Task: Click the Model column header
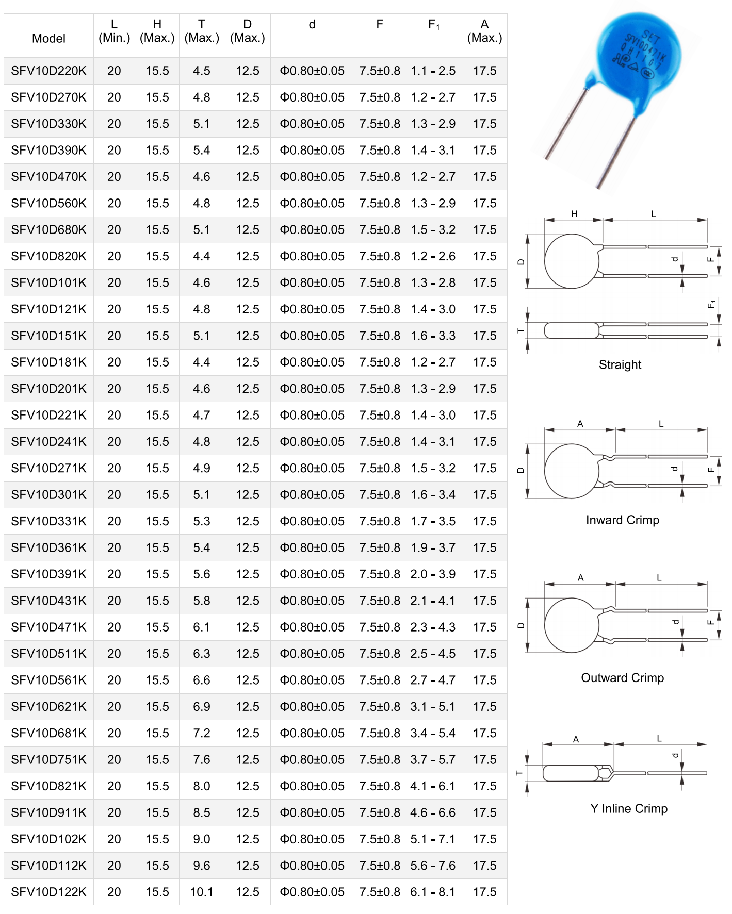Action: click(x=48, y=38)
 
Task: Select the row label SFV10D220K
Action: click(x=48, y=71)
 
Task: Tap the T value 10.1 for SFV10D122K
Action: click(x=201, y=892)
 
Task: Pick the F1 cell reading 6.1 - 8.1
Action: click(x=433, y=892)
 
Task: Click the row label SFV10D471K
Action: click(x=48, y=627)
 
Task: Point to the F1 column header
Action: click(x=433, y=25)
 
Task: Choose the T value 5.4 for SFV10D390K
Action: click(x=201, y=150)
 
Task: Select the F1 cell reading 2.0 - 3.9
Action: click(x=433, y=574)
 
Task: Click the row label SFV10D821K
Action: click(x=48, y=786)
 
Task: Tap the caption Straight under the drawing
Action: click(x=620, y=364)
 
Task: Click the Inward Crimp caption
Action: click(x=622, y=520)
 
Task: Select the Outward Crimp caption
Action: click(x=622, y=677)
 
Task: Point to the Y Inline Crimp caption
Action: click(x=628, y=808)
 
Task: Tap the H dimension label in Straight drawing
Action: click(x=574, y=214)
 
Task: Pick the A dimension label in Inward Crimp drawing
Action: click(x=580, y=424)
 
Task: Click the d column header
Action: click(x=312, y=25)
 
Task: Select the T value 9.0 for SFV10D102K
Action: click(x=201, y=839)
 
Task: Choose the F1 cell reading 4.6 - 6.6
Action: click(x=433, y=812)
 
